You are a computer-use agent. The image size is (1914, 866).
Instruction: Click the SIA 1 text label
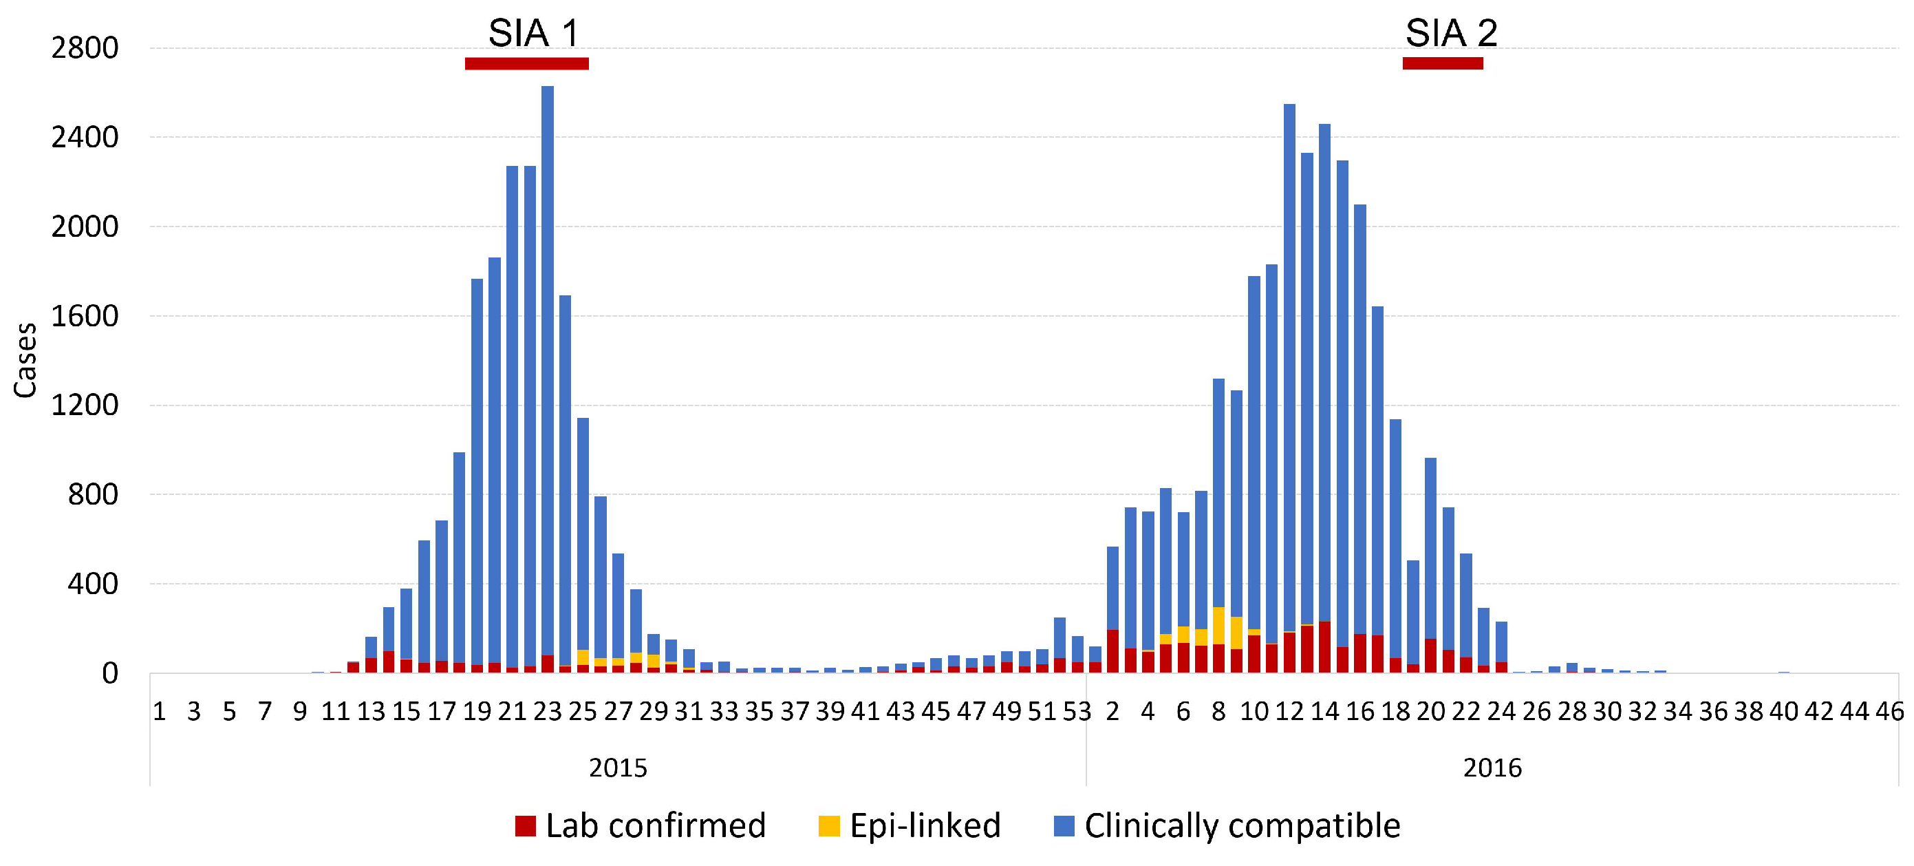coord(533,34)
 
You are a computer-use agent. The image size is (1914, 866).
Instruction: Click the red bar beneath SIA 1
coord(527,64)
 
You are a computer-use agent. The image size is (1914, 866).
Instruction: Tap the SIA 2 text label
coord(1450,34)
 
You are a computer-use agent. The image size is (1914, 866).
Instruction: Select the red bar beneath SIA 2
coord(1442,64)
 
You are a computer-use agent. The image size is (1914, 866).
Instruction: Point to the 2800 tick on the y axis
coord(85,48)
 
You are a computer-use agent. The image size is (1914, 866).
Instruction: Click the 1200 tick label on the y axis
coord(85,406)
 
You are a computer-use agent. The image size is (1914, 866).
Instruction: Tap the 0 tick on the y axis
coord(110,673)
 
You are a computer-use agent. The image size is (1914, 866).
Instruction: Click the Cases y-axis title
coord(25,361)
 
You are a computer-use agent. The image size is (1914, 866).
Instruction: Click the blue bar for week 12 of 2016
coord(1289,372)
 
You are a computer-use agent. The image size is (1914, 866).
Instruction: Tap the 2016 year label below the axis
coord(1492,767)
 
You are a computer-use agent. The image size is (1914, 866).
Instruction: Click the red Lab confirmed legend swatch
coord(526,826)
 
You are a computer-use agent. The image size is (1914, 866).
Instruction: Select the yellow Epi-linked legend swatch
coord(828,826)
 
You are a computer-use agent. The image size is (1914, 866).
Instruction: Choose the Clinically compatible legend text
coord(1242,826)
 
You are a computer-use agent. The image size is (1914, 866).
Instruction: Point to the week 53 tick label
coord(1077,711)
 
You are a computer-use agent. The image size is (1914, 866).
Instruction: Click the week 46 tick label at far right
coord(1889,711)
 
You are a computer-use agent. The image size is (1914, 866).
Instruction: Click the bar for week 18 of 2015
coord(459,558)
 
